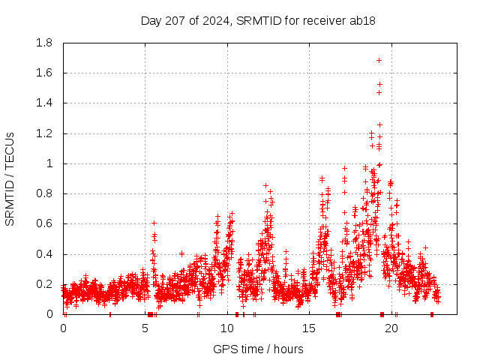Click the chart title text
click(258, 20)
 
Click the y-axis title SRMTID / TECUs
click(10, 178)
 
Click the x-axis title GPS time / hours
click(258, 349)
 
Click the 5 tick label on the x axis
click(145, 328)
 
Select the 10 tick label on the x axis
click(227, 328)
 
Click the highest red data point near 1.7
click(379, 60)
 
